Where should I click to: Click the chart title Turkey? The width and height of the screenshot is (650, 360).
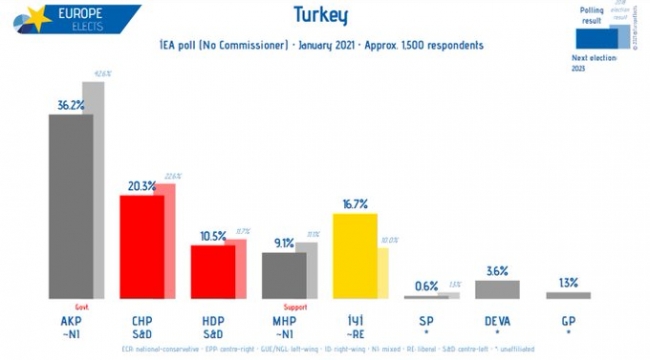320,17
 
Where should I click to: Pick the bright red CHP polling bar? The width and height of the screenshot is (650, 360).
142,246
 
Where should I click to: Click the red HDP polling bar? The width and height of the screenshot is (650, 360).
213,271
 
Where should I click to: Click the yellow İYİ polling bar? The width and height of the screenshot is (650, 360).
354,255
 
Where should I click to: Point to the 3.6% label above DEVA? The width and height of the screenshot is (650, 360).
497,270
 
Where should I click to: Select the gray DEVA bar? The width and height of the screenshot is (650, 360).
497,289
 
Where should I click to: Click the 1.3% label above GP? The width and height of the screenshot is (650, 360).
568,282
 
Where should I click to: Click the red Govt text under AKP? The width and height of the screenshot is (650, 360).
83,307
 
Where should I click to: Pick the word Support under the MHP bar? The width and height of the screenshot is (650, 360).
297,307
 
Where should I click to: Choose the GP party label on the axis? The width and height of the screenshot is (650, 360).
568,320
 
